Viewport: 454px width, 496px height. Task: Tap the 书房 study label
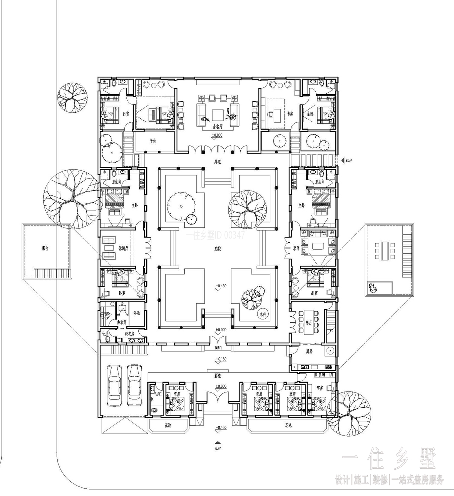(x=290, y=114)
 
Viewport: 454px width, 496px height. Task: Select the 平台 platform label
(x=153, y=141)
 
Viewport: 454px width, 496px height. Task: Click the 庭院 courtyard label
(x=217, y=248)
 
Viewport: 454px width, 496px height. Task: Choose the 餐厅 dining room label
(x=309, y=323)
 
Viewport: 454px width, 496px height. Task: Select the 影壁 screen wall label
(x=217, y=376)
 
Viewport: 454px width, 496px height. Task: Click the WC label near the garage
(x=158, y=394)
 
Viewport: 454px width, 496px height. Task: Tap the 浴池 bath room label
(x=137, y=313)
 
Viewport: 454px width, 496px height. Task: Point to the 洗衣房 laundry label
(x=129, y=334)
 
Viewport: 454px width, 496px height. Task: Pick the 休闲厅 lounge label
(x=123, y=248)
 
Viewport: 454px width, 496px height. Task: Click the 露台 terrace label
(x=45, y=248)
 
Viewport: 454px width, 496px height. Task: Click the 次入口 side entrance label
(x=349, y=160)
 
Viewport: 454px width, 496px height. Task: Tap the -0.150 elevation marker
(x=221, y=359)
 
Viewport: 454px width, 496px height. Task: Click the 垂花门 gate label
(x=218, y=348)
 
